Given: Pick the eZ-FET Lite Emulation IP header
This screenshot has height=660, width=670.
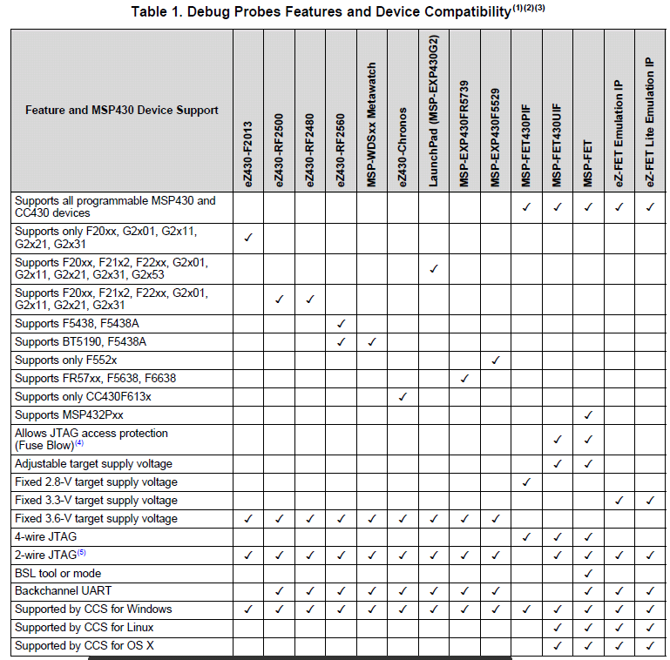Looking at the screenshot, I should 649,121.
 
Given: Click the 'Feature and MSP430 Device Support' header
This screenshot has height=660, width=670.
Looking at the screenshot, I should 121,110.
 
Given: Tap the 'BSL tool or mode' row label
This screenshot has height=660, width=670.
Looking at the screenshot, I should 58,573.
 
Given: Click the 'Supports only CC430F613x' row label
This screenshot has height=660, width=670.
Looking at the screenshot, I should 83,396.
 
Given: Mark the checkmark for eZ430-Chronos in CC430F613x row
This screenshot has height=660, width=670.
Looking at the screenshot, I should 403,397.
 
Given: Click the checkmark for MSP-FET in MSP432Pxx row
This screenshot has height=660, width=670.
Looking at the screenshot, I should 588,415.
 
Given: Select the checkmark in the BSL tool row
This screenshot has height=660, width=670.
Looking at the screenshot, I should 588,574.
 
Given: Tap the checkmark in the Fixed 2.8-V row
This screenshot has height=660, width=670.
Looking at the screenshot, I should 526,482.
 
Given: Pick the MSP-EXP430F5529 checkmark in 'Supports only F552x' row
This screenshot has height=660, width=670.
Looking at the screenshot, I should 495,360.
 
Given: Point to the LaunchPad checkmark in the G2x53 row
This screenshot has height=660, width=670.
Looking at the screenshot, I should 433,268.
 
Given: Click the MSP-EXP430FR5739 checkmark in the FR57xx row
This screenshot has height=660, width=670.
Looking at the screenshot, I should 464,379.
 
